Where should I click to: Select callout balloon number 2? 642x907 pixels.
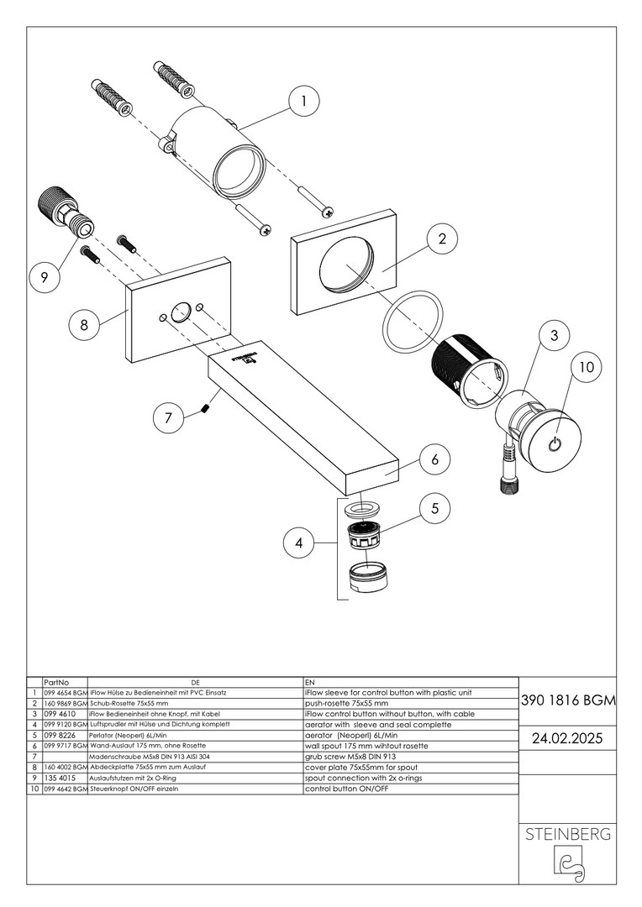(442, 239)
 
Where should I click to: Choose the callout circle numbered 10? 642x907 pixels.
(587, 367)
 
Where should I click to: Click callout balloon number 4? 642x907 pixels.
(298, 543)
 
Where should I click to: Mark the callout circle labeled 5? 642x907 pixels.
(434, 508)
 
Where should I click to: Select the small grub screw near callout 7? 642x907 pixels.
(206, 409)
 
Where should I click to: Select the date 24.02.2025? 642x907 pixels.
(569, 739)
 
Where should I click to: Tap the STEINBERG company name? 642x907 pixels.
(569, 836)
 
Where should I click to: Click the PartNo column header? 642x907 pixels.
(56, 683)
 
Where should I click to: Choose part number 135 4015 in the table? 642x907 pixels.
(60, 779)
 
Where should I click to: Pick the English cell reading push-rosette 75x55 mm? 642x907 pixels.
(346, 703)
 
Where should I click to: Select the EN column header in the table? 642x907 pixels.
(309, 683)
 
